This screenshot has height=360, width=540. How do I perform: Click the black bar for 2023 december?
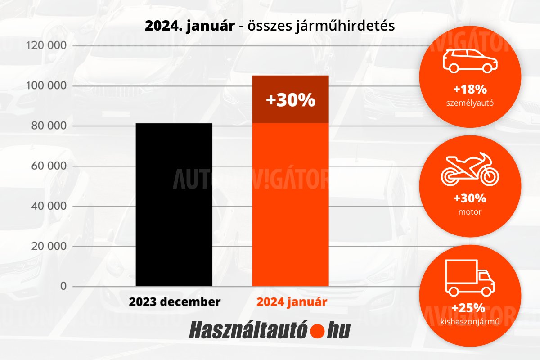coord(174,205)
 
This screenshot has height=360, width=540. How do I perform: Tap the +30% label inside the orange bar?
coord(290,100)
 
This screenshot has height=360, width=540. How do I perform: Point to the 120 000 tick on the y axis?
coord(47,46)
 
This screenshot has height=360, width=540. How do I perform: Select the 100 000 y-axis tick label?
coord(47,86)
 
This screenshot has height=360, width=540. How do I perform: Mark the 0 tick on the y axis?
coord(63,286)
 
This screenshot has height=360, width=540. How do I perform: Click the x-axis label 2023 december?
coord(175,301)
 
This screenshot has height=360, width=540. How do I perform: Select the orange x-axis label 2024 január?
coord(291,301)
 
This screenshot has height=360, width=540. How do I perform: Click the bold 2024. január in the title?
coord(189,26)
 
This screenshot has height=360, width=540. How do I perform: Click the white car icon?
coord(470,61)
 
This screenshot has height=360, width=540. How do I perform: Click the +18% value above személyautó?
coord(470,89)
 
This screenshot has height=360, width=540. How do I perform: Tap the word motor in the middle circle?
coord(470,211)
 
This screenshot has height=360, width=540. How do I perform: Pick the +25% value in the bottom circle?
coord(469,308)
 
